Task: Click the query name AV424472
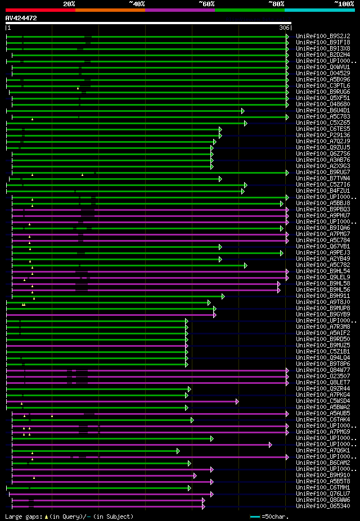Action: (21, 18)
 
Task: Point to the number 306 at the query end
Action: (284, 28)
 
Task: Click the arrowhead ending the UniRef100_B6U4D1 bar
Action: (243, 111)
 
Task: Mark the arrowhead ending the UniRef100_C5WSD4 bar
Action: (237, 401)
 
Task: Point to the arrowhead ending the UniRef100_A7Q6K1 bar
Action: (178, 451)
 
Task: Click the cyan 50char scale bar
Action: (255, 516)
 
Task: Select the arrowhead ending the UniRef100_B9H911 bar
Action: (223, 296)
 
